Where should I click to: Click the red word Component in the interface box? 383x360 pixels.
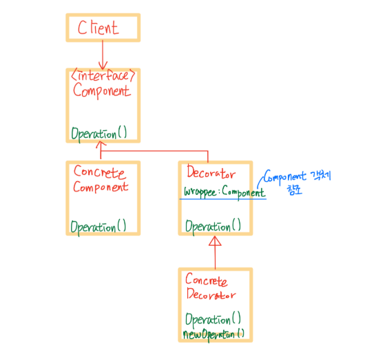[x=102, y=91]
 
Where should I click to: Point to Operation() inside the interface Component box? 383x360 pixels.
[x=99, y=133]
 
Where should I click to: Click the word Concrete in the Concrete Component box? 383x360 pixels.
[x=100, y=173]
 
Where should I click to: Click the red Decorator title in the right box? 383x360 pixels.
[x=211, y=174]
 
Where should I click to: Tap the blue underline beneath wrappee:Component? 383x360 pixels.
[x=223, y=199]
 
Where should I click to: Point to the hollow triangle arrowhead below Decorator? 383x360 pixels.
[x=215, y=242]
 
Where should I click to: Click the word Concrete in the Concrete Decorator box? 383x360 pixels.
[x=206, y=281]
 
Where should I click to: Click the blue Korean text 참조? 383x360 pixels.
[x=294, y=190]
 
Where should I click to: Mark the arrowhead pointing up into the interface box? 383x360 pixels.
[x=100, y=146]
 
